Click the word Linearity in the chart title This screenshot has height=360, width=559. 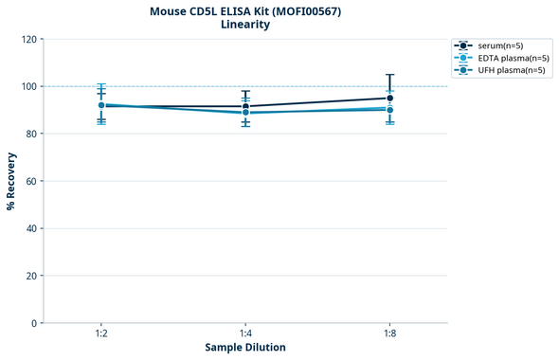[x=244, y=25]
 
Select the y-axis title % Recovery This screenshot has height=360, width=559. [x=11, y=181]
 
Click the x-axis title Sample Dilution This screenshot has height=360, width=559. [x=245, y=348]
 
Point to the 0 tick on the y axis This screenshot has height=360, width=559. [x=34, y=323]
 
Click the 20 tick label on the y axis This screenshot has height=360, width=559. [x=31, y=276]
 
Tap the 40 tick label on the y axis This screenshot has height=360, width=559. [x=31, y=228]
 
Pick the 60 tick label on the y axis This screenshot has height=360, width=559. [x=31, y=181]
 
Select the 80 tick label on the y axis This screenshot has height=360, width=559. [x=31, y=134]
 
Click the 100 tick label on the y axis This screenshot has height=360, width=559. [x=28, y=86]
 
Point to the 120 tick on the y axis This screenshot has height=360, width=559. [x=28, y=40]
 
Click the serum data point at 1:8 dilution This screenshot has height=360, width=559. [x=389, y=98]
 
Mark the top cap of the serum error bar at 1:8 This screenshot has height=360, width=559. [x=389, y=75]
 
